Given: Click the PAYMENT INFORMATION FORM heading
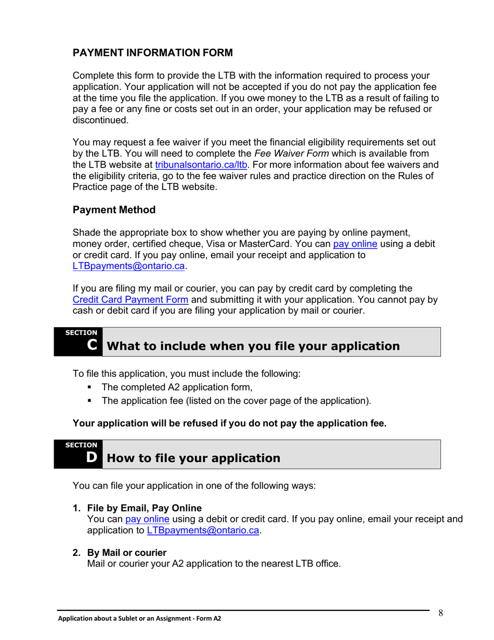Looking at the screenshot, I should click(152, 53).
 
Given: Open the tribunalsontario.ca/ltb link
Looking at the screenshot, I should click(201, 165).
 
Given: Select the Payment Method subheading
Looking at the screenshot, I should click(114, 210).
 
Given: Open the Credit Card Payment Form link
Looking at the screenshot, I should click(131, 300).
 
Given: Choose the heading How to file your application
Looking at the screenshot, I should click(193, 458).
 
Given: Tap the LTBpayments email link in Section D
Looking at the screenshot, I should click(203, 531).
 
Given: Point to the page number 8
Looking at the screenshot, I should click(440, 612).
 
